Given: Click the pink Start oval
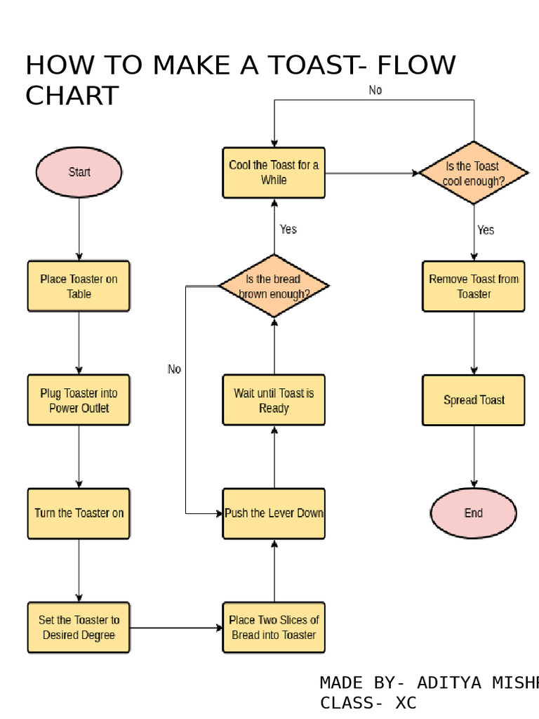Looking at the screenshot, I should click(x=79, y=172).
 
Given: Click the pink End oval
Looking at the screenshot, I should click(x=474, y=513).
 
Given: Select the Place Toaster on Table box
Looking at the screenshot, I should click(x=79, y=286).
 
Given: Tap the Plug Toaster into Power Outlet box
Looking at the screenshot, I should click(x=79, y=400).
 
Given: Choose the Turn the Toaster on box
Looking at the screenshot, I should click(x=79, y=513).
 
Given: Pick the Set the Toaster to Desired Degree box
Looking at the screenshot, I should click(x=79, y=627).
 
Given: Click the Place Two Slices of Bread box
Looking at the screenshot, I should click(x=274, y=627).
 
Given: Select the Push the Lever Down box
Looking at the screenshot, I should click(x=274, y=513).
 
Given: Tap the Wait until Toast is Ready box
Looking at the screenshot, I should click(x=274, y=400).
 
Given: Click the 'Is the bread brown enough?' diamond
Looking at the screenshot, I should click(x=274, y=286).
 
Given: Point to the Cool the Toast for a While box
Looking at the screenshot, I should click(x=274, y=172).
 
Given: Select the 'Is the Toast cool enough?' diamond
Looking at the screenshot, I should click(x=474, y=173).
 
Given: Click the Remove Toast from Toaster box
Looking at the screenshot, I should click(x=474, y=286).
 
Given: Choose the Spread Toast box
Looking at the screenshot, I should click(x=474, y=400).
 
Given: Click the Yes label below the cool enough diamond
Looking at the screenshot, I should click(x=486, y=230).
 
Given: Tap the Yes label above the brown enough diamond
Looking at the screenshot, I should click(x=288, y=229).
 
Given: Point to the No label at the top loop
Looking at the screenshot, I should click(x=375, y=91).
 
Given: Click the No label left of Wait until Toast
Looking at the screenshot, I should click(x=174, y=369).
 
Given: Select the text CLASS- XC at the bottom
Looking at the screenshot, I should click(x=368, y=703).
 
